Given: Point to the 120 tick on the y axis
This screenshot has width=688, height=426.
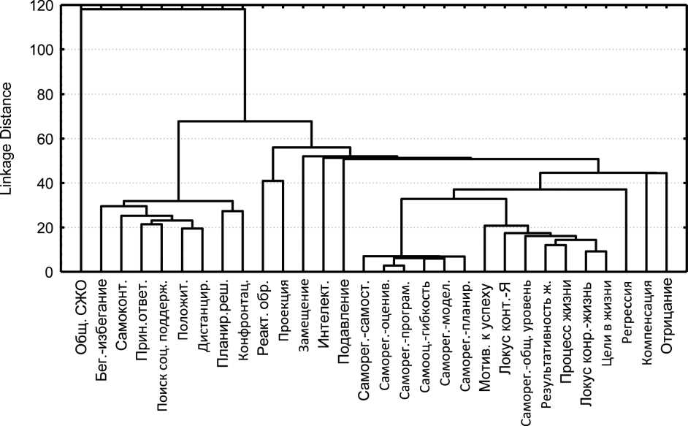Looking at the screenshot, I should click(42, 7).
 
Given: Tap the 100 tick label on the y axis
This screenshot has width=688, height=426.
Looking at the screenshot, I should click(42, 50).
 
